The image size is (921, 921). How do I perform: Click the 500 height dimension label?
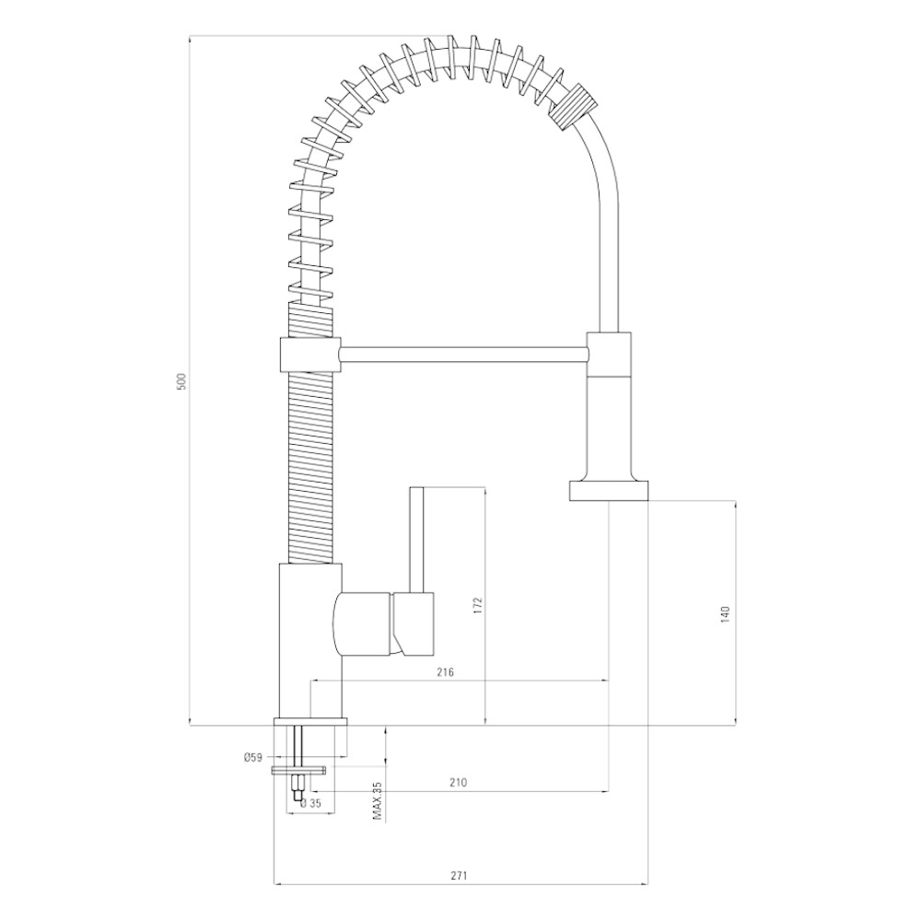(x=181, y=382)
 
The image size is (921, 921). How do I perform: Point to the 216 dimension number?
(x=446, y=672)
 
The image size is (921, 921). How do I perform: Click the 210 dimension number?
(x=458, y=782)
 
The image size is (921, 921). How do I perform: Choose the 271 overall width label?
(x=459, y=859)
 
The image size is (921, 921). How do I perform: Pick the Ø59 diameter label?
(x=252, y=758)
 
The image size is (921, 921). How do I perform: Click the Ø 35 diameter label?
(x=310, y=803)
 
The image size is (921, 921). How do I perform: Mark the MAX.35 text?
(x=377, y=800)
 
